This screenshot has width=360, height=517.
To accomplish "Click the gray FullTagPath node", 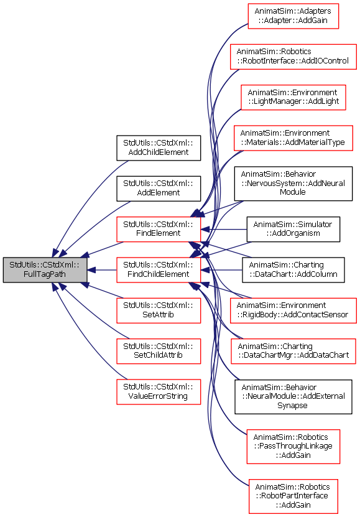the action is point(45,270).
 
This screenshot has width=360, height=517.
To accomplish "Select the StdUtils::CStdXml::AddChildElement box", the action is point(159,147).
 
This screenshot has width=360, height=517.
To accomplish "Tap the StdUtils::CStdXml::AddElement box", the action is point(159,189).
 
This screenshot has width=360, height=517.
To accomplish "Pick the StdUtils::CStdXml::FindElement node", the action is point(159,229).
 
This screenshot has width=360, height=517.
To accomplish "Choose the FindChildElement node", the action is point(159,270).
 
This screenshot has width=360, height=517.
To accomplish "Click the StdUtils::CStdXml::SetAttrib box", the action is point(159,310).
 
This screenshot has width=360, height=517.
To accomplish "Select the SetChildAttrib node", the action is point(159,351).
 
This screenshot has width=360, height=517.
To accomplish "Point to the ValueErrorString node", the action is point(159,392).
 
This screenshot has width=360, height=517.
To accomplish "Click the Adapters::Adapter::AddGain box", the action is point(293,16).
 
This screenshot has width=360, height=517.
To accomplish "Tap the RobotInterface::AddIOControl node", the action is point(293,57).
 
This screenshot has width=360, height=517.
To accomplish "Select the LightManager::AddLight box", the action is point(293,97).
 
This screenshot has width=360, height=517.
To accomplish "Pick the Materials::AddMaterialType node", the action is point(293,138).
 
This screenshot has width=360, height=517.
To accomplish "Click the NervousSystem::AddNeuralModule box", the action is point(293,184).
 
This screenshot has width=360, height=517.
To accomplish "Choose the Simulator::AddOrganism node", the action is point(293,229).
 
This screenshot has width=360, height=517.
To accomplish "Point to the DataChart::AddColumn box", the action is point(293,270).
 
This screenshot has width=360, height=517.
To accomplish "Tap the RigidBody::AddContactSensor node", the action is point(293,310).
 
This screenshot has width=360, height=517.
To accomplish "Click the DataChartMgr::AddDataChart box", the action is point(293,351).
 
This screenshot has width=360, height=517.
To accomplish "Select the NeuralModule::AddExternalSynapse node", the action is point(293,397).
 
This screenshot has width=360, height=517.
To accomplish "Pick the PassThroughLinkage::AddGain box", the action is point(293,447).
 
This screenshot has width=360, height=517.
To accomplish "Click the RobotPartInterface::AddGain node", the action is point(293,496).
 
